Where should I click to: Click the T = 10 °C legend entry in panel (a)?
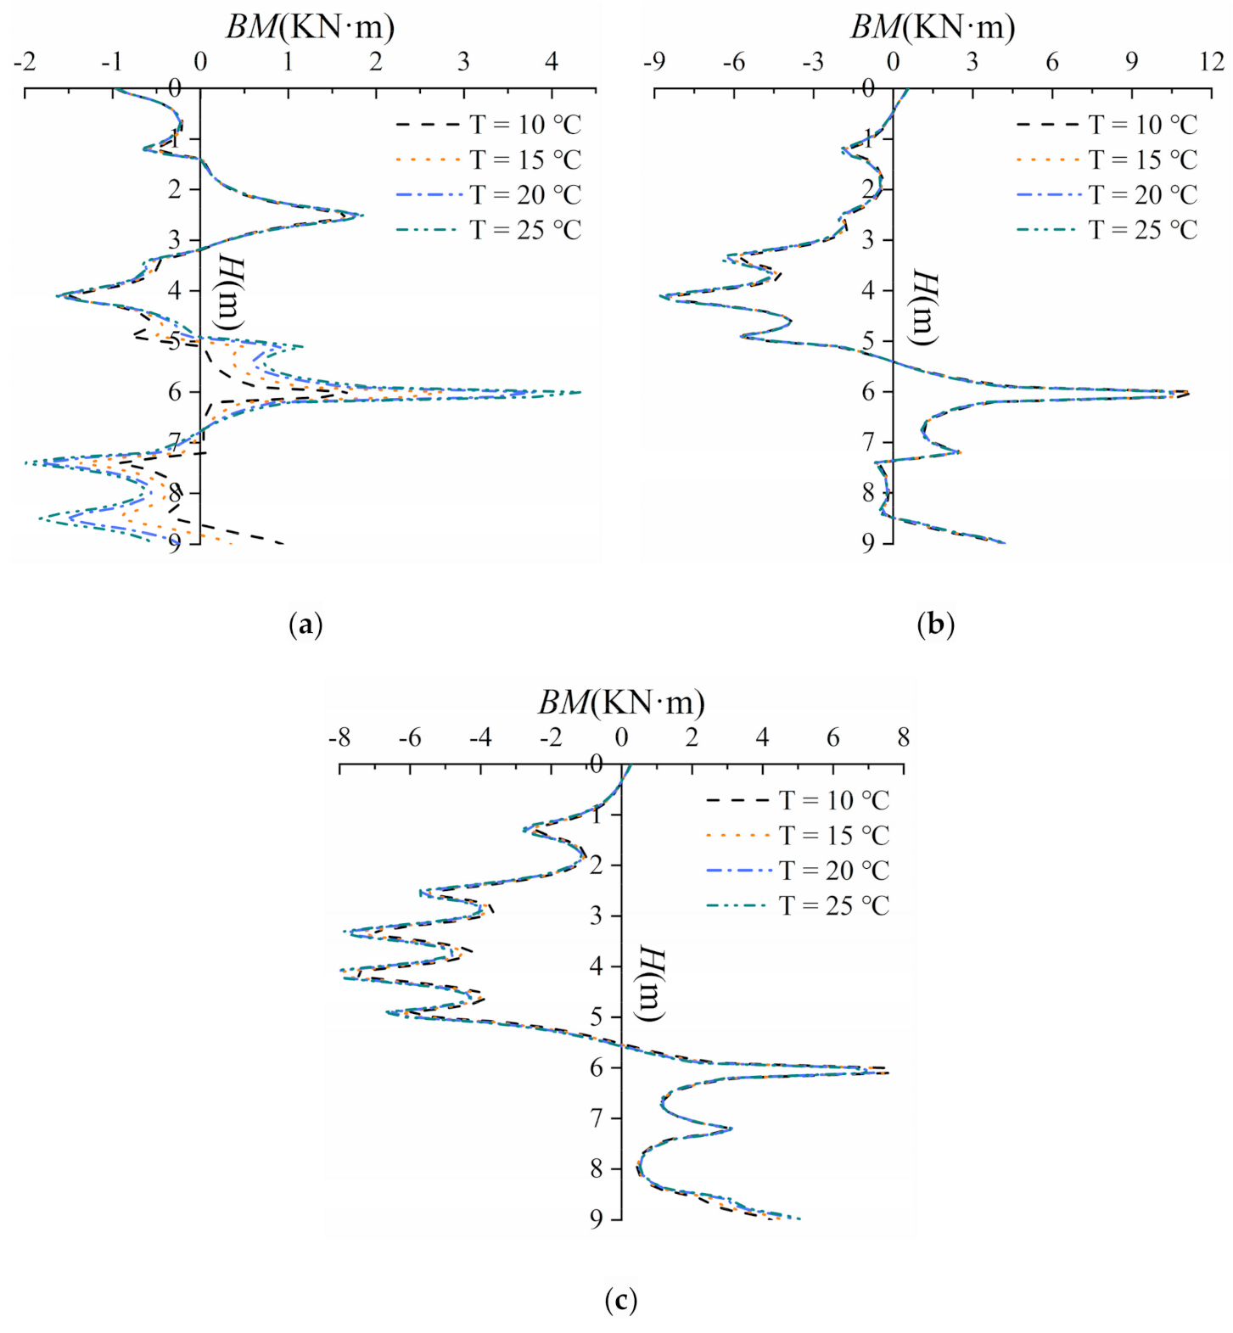pos(488,125)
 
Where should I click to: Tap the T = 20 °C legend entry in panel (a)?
pos(488,195)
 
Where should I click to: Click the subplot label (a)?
pos(305,625)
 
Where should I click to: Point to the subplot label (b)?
pos(935,625)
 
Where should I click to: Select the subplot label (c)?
pos(620,1300)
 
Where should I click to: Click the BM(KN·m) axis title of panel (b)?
pos(933,27)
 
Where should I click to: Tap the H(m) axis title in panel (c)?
pos(651,984)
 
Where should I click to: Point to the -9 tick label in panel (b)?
pos(653,62)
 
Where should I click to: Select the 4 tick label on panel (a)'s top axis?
pos(552,62)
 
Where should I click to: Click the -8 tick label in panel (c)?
pos(339,737)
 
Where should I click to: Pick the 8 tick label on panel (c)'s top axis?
pos(903,737)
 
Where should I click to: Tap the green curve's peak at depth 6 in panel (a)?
pos(580,392)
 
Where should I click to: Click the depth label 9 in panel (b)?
pos(867,543)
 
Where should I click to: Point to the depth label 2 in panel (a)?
pos(175,189)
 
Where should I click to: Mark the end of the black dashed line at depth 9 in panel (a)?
pos(284,542)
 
